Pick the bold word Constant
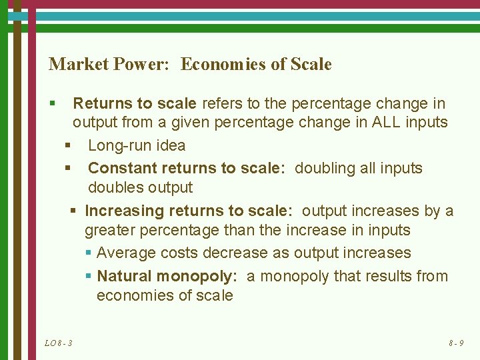122,167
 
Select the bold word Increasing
125,211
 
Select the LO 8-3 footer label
59,343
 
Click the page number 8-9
456,343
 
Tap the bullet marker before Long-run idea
67,145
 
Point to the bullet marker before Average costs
89,253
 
